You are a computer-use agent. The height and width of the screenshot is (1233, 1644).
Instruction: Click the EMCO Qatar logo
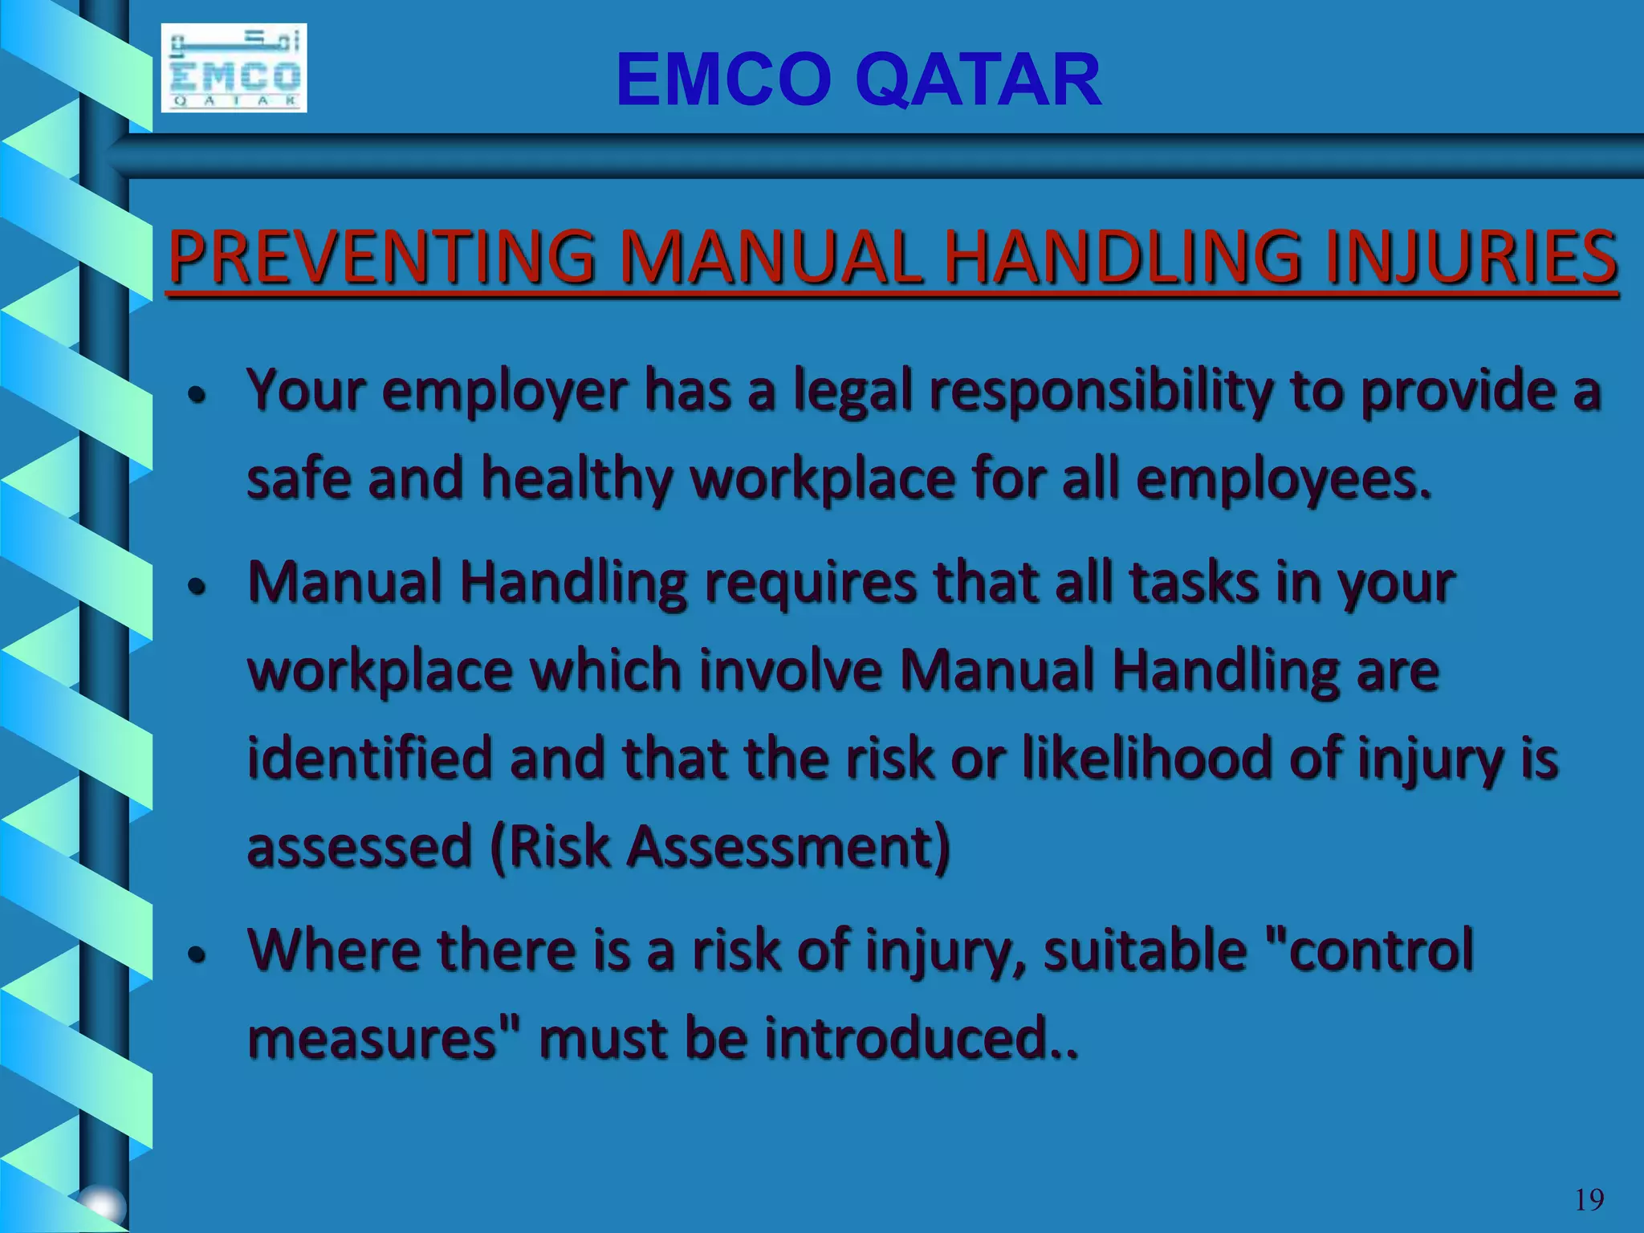(x=234, y=68)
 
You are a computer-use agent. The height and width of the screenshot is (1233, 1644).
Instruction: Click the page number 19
(x=1589, y=1200)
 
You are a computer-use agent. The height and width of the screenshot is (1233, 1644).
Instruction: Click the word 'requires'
(x=810, y=583)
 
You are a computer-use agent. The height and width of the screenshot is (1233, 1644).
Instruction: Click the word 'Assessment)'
(x=788, y=848)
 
